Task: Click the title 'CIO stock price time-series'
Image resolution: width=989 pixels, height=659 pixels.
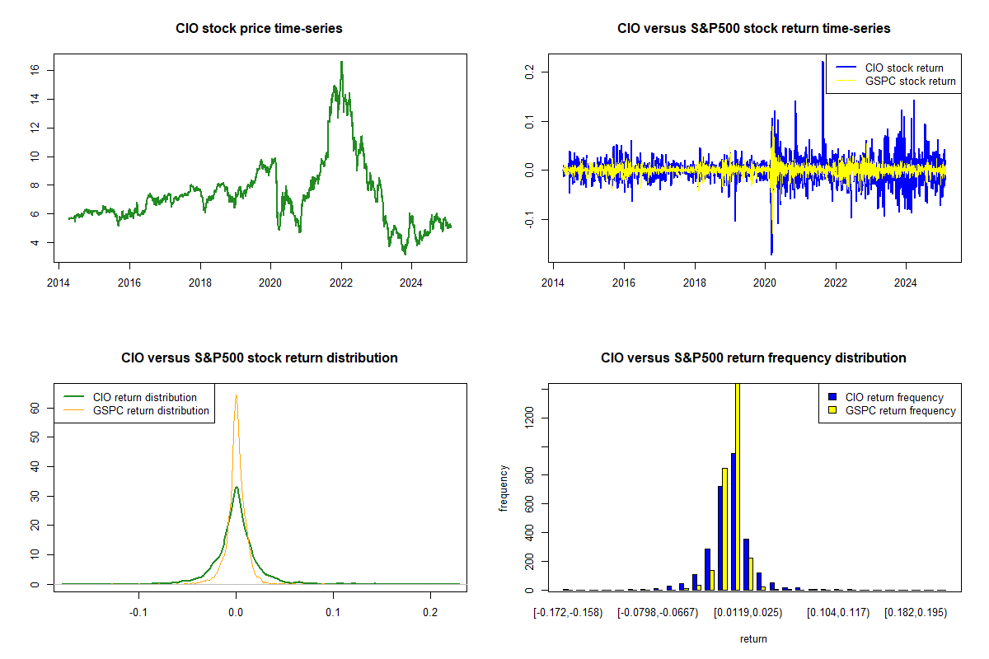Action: [259, 29]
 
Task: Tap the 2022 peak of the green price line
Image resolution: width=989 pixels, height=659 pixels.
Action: [341, 62]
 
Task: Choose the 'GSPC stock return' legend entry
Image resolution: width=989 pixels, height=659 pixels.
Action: [910, 81]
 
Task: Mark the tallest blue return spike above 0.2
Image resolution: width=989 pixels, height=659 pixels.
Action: [823, 62]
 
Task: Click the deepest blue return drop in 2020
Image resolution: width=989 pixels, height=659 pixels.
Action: [771, 253]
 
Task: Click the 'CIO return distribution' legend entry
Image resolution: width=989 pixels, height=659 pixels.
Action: [145, 397]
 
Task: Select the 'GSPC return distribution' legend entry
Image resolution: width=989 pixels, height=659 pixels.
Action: [151, 410]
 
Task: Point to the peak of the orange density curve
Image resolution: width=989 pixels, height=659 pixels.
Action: [236, 395]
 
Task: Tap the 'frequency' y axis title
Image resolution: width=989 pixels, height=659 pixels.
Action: [504, 488]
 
